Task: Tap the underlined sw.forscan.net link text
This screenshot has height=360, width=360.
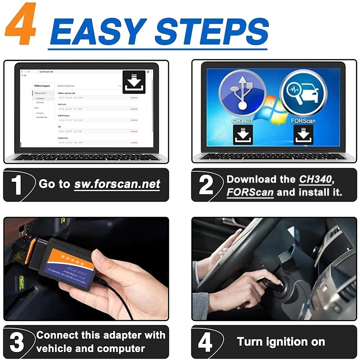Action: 117,184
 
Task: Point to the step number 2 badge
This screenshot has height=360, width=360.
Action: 206,185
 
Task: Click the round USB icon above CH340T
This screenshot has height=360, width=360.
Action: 242,93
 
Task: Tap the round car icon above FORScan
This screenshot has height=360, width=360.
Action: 303,93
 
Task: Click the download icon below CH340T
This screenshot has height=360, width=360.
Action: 243,135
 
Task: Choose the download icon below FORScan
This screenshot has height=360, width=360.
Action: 303,135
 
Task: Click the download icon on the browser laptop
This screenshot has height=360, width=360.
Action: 134,82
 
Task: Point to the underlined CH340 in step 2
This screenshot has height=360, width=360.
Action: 315,179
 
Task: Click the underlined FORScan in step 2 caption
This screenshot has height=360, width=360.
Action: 250,192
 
